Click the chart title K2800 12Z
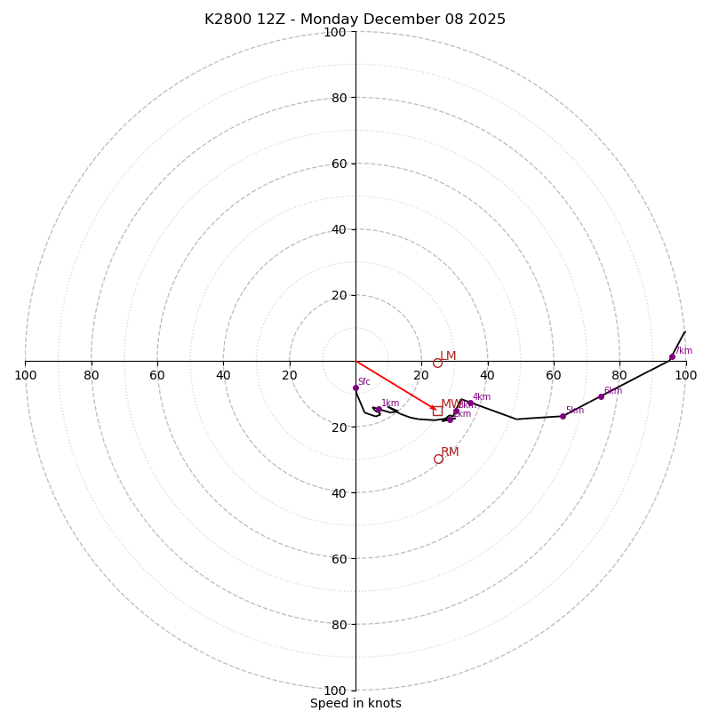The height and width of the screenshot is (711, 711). [x=355, y=20]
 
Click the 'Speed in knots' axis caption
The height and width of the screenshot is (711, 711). [x=355, y=703]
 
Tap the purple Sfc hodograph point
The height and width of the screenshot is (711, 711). [x=355, y=387]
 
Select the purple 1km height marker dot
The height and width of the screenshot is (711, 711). [x=379, y=410]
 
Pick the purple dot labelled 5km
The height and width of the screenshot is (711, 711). [x=563, y=416]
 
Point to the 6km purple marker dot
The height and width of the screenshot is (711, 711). [x=601, y=396]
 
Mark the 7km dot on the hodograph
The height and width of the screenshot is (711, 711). [x=672, y=356]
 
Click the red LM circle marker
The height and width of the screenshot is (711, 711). [x=437, y=363]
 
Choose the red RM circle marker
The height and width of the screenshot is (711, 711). [x=438, y=459]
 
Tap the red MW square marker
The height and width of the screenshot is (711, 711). [x=437, y=411]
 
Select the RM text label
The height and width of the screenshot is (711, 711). [x=450, y=452]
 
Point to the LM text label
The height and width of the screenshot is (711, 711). [x=448, y=356]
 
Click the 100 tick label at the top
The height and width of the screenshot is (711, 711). [x=335, y=32]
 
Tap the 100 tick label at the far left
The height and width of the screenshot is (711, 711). [x=25, y=375]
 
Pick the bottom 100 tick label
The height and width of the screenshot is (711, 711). [x=335, y=691]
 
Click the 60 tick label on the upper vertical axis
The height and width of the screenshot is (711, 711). [x=339, y=164]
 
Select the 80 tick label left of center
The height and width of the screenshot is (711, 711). [x=92, y=375]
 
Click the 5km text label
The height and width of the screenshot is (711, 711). [x=574, y=411]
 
